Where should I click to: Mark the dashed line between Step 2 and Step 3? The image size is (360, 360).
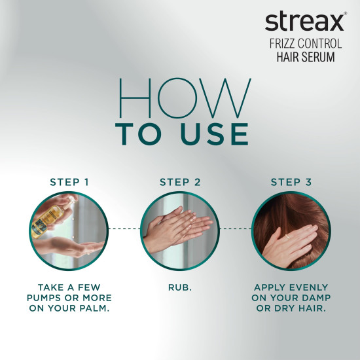(235, 228)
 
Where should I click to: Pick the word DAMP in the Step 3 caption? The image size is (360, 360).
(314, 298)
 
